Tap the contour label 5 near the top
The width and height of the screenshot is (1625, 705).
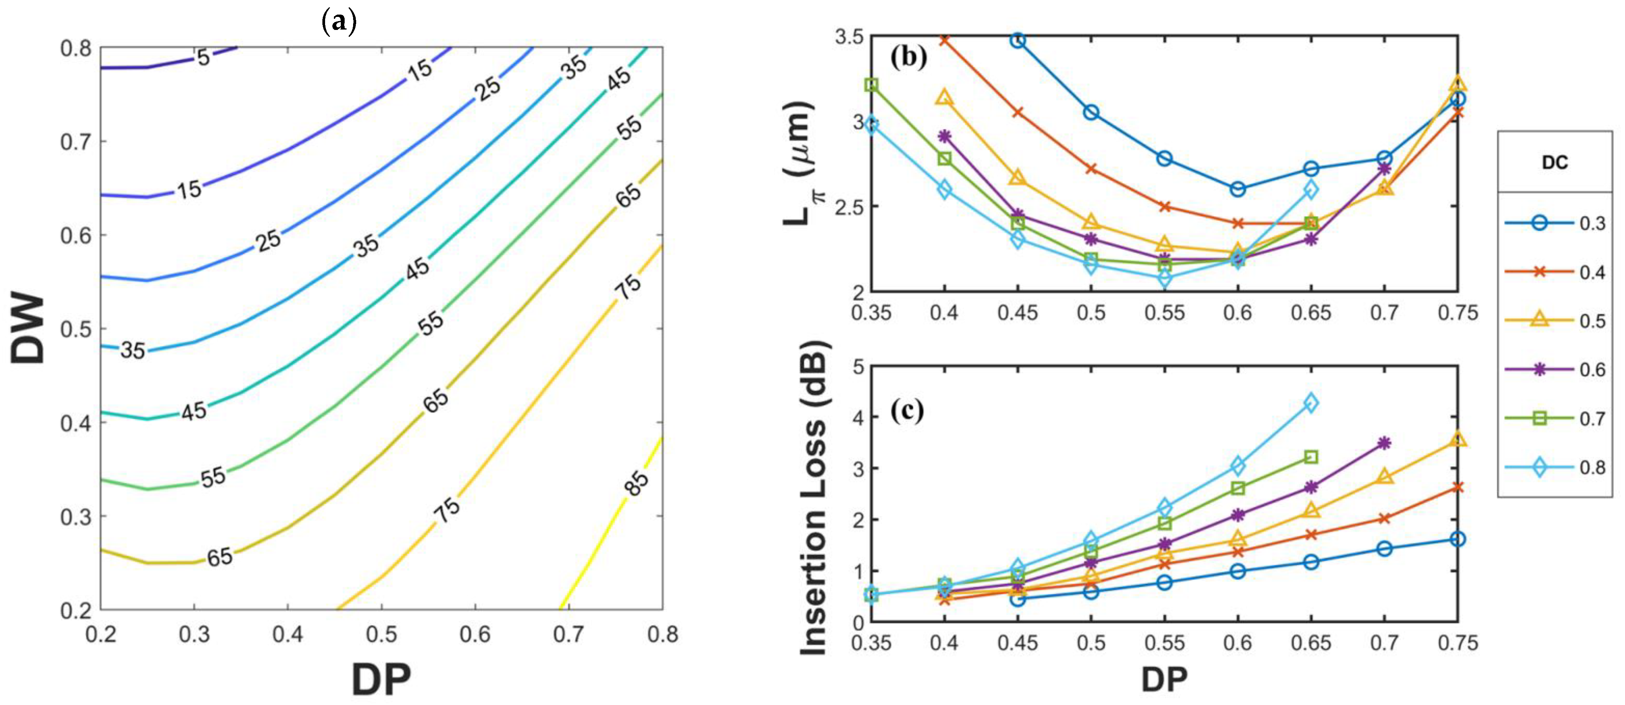coord(203,58)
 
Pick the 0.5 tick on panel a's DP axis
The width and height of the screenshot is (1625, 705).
coord(381,634)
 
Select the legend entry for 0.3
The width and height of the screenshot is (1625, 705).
coord(1553,223)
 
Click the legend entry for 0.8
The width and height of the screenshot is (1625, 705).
coord(1553,468)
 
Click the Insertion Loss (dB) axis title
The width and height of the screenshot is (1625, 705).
coord(814,498)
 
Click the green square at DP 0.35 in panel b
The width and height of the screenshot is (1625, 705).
coord(871,85)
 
